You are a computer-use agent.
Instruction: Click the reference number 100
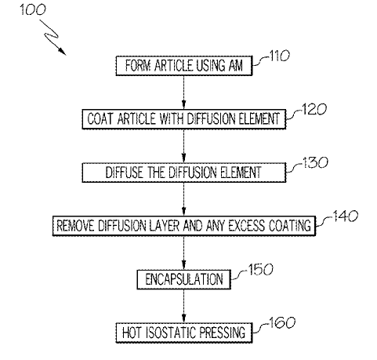coord(33,10)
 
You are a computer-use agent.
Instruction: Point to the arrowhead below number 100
coord(62,52)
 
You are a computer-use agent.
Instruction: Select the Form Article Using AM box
coord(184,66)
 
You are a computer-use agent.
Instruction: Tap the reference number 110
coord(279,56)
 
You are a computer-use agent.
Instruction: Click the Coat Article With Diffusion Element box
coord(184,119)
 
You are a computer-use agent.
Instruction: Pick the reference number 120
coord(314,109)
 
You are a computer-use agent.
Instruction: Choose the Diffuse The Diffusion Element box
coord(184,173)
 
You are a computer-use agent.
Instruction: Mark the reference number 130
coord(315,162)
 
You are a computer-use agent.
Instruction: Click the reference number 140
coord(345,216)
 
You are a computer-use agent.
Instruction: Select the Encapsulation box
coord(184,279)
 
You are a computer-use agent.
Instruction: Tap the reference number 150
coord(260,269)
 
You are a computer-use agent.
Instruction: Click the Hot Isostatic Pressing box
coord(184,333)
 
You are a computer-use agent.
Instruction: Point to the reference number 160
coord(282,322)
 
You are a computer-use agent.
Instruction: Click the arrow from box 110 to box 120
coord(184,93)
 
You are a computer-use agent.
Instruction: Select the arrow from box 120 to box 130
coord(184,146)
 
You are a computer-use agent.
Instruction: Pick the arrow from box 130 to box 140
coord(184,199)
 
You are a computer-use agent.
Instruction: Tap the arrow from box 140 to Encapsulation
coord(184,253)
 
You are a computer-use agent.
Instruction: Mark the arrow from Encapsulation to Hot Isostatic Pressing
coord(184,306)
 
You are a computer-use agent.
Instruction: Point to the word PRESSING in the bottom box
coord(223,333)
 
